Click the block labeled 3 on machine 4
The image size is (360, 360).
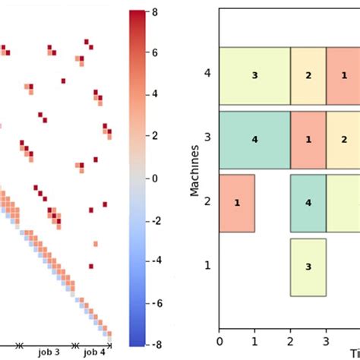coord(254,76)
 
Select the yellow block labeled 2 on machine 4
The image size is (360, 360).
coord(308,76)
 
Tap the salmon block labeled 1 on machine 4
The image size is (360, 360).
coord(343,76)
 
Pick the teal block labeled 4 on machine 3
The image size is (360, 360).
coord(254,140)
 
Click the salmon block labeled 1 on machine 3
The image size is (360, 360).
coord(308,140)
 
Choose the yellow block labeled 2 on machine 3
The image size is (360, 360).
coord(343,140)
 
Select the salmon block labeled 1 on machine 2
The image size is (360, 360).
coord(237,203)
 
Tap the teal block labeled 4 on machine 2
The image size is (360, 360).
coord(308,203)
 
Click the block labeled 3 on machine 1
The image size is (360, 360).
coord(308,267)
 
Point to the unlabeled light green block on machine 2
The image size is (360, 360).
coord(343,203)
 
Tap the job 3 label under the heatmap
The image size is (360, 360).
coord(52,352)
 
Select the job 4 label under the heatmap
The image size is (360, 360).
coord(94,352)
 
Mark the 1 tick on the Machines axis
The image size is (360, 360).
coord(207,267)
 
